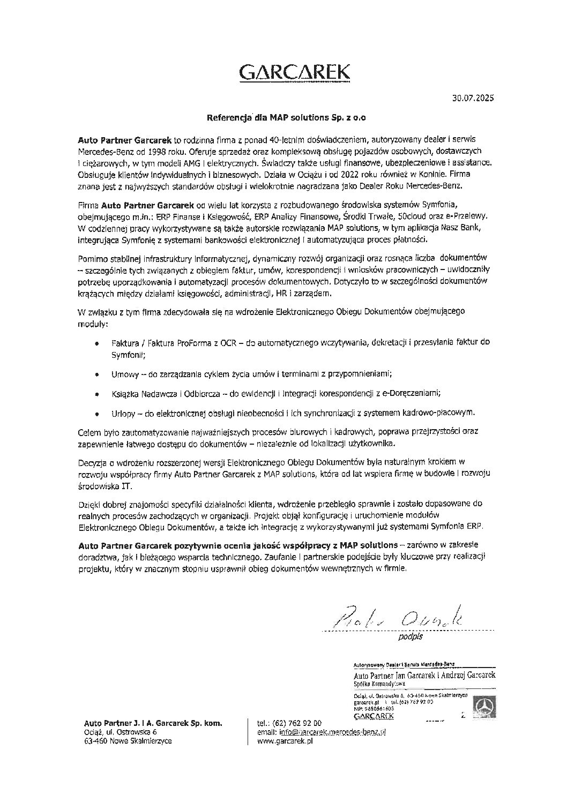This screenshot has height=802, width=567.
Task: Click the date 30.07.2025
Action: coord(473,99)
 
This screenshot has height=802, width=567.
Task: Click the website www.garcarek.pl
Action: coord(286,741)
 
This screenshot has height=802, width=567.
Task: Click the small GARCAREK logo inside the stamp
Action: coord(374,716)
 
